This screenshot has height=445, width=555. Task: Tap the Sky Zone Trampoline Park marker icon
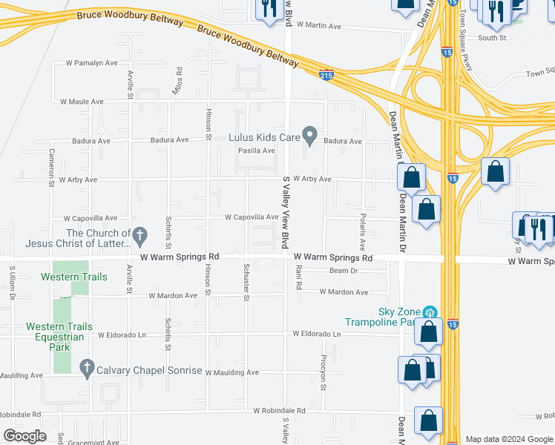[x=428, y=313]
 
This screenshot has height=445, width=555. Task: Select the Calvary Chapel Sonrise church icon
[x=86, y=368]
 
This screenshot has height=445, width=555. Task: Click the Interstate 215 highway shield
[x=326, y=75]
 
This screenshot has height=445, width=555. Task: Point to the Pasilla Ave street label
[x=256, y=151]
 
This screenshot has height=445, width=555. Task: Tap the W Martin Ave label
[x=318, y=25]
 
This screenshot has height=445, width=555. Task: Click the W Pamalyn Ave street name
[x=92, y=63]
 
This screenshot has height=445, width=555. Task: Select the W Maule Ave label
[x=82, y=101]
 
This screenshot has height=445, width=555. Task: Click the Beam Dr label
[x=344, y=271]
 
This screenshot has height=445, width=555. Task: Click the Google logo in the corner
[x=24, y=436]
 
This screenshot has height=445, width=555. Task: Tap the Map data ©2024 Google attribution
[x=508, y=439]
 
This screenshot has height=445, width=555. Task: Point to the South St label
[x=492, y=37]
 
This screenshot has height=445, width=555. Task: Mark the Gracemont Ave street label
[x=93, y=442]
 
